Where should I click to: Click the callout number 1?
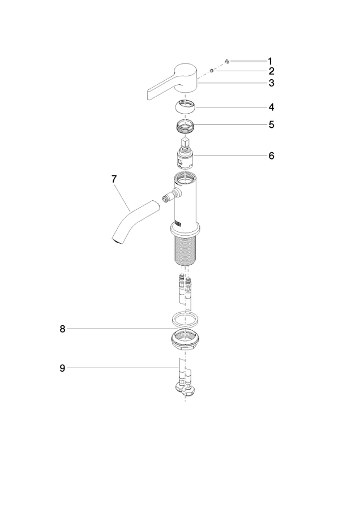tap(270, 61)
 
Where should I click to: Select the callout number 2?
tap(271, 71)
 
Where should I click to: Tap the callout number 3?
tap(271, 83)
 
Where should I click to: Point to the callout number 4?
tap(271, 107)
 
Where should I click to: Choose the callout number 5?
tap(271, 124)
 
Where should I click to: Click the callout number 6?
tap(271, 156)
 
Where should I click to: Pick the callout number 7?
tap(114, 179)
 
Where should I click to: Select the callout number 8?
tap(62, 329)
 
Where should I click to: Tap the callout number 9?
tap(62, 368)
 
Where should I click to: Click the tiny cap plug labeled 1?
tap(227, 61)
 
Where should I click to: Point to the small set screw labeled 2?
tap(212, 70)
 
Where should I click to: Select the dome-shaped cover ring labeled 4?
tap(185, 106)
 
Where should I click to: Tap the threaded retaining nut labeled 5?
tap(185, 126)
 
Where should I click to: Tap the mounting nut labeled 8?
tap(185, 339)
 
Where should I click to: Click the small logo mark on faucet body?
tap(178, 223)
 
